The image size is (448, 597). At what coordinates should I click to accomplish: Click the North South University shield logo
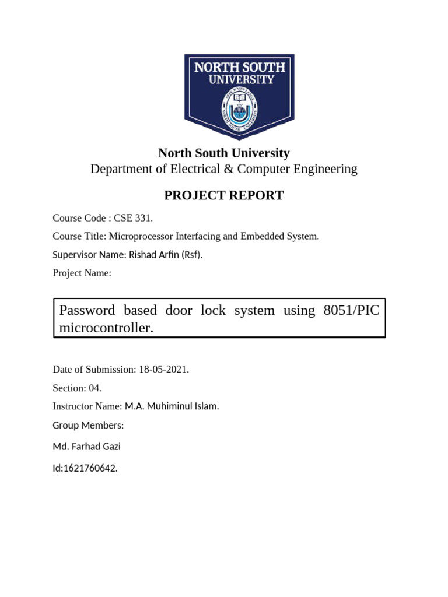[239, 96]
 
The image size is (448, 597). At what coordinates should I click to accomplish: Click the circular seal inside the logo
[239, 109]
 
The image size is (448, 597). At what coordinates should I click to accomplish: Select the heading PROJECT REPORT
[223, 195]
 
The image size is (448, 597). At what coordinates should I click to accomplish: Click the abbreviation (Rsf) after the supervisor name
[191, 255]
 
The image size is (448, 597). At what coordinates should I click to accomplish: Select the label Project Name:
[82, 273]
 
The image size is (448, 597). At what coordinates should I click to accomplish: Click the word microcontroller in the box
[106, 328]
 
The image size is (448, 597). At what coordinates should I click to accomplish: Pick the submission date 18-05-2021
[163, 370]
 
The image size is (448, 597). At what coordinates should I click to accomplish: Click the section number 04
[95, 388]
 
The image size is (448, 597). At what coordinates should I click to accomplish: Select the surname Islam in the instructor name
[206, 406]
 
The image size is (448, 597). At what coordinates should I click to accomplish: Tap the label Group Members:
[88, 426]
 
